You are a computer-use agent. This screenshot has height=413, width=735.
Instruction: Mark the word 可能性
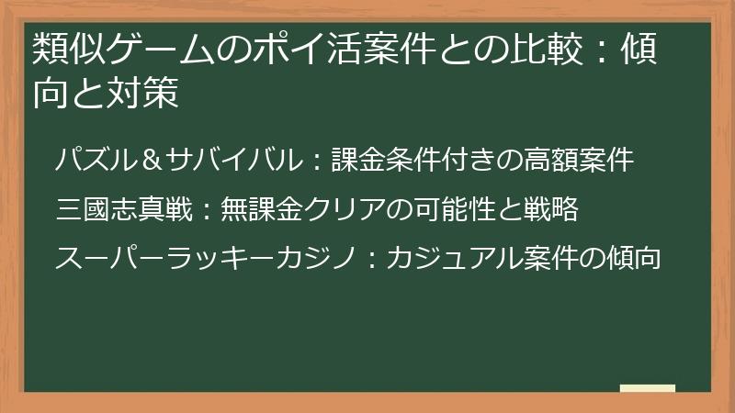[x=452, y=210]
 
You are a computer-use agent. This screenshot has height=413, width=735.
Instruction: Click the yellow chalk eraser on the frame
[x=647, y=388]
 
